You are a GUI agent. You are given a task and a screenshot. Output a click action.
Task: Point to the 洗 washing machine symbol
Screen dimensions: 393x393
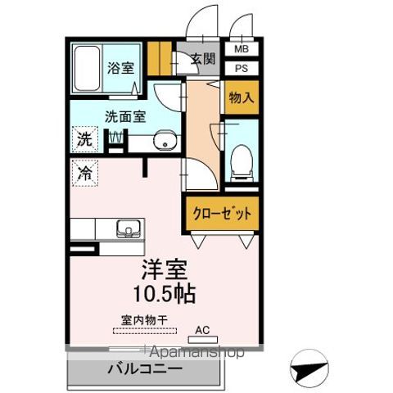[84, 138]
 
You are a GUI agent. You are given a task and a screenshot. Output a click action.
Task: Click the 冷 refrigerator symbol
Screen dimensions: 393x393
[84, 173]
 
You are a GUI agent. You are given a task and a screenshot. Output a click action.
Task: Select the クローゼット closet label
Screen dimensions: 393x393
[222, 215]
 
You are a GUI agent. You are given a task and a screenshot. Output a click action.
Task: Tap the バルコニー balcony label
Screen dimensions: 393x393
[145, 370]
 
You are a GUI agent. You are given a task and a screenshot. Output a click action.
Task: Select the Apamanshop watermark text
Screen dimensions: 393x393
[195, 353]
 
